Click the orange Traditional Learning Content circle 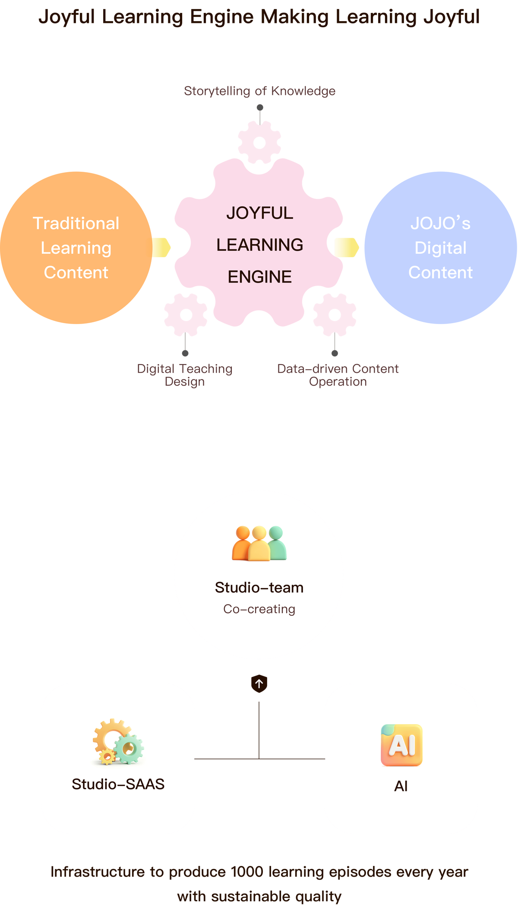[76, 248]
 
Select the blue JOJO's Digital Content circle [440, 248]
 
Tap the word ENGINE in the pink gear [259, 277]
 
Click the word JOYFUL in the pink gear [259, 213]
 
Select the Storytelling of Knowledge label [259, 91]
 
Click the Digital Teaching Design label [185, 375]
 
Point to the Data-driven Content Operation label [338, 375]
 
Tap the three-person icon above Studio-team [259, 543]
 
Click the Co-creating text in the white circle [259, 609]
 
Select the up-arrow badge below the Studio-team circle [259, 684]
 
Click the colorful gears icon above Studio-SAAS [118, 742]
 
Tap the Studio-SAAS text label [118, 784]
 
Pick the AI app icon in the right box [401, 745]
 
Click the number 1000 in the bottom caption [247, 872]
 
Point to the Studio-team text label [259, 588]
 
